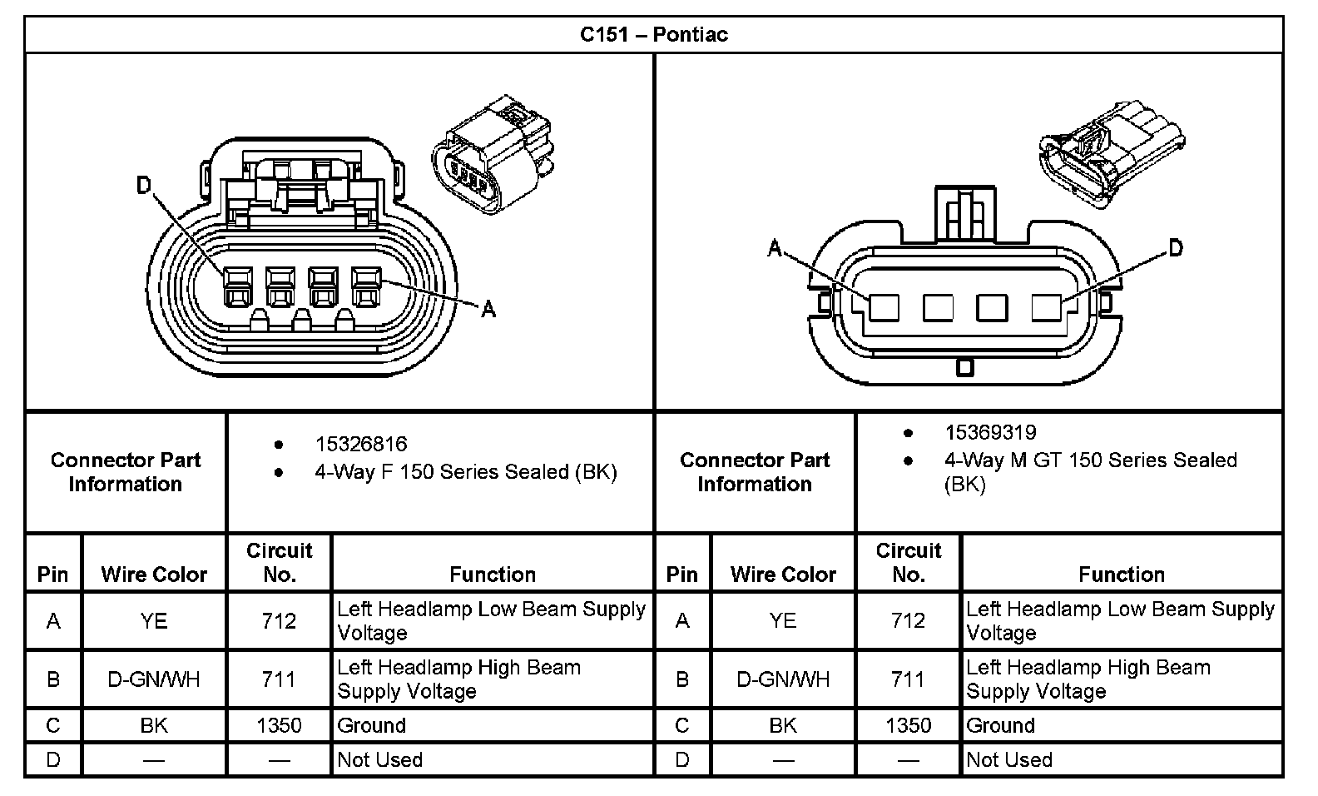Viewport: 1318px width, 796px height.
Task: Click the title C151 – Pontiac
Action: (653, 35)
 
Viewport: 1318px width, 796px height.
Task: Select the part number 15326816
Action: (360, 444)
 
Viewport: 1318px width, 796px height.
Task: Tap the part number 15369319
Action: (990, 432)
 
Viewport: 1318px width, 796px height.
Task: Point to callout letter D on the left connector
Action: (144, 185)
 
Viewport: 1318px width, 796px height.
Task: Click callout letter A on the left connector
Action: (488, 310)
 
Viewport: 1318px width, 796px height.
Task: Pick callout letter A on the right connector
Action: (775, 248)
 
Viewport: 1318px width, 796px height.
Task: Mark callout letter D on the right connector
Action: (1175, 247)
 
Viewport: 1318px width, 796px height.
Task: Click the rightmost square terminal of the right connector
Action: (1046, 308)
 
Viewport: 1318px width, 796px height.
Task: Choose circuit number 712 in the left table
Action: (279, 621)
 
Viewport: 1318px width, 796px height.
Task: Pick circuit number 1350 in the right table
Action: (908, 725)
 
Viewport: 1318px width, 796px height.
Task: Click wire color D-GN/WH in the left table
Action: (154, 679)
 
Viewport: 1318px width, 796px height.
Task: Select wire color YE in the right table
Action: (783, 621)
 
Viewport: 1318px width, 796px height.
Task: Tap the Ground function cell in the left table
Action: (372, 725)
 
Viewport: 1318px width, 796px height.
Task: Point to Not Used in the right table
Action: (1009, 759)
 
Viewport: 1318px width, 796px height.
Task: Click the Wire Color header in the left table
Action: (154, 574)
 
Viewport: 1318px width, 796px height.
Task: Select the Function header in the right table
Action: (1121, 574)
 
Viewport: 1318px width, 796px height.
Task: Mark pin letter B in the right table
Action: (682, 679)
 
